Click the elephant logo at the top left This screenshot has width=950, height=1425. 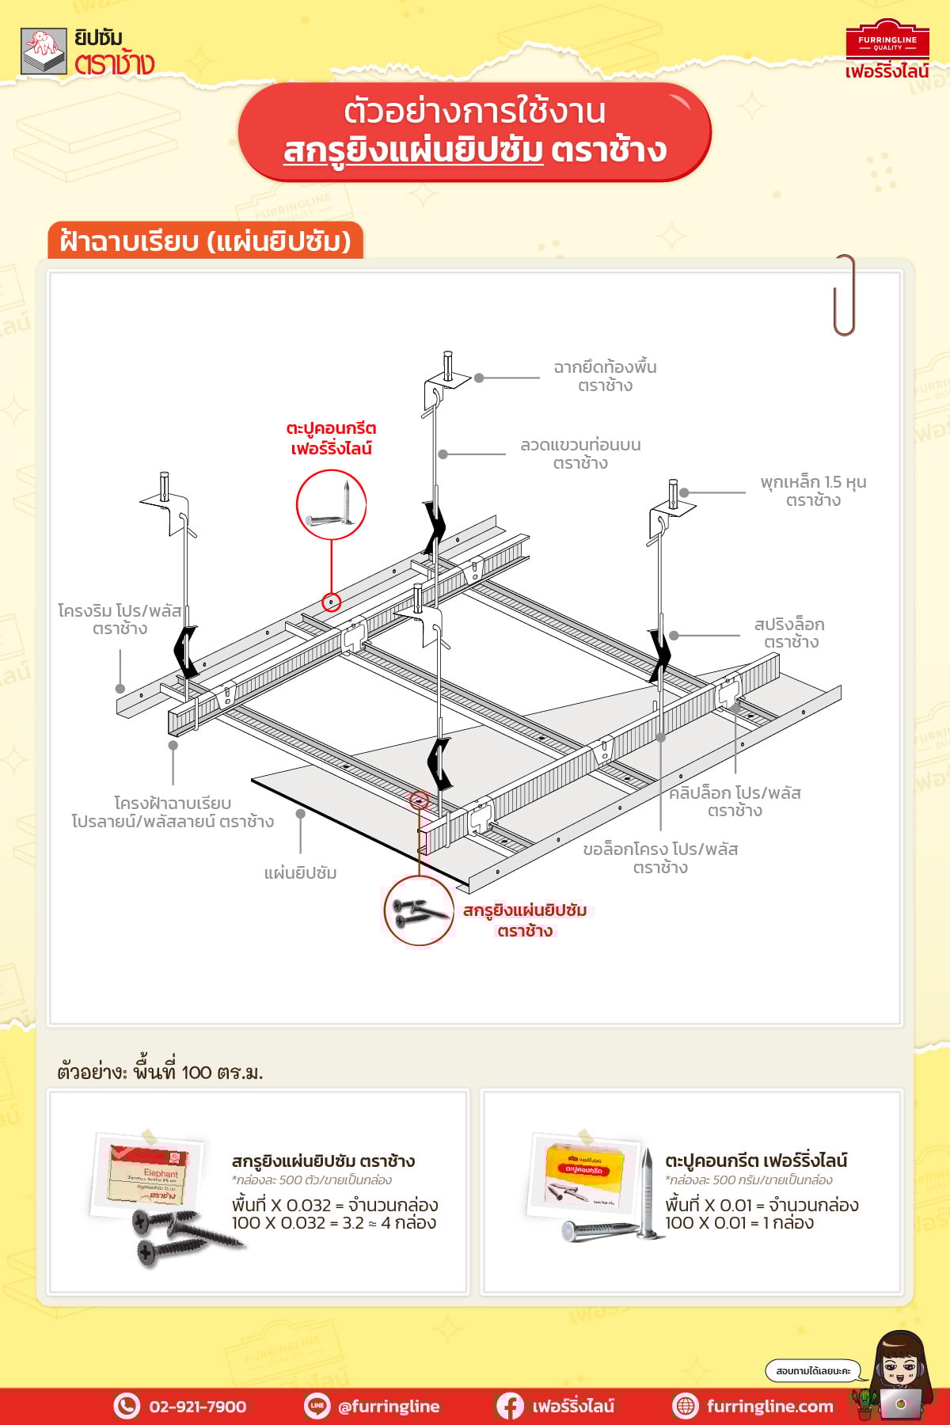coord(44,51)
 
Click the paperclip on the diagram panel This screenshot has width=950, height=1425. coord(845,294)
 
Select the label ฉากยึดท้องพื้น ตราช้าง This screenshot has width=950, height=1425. coord(605,376)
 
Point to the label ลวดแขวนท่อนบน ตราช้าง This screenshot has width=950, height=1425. coord(580,454)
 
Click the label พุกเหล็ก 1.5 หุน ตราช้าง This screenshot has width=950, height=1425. coord(813,491)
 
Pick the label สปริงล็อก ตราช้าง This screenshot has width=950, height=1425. coord(789,633)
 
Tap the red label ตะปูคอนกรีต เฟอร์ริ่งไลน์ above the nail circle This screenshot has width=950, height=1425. coord(331,439)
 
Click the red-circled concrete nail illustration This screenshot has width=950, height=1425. coord(331,505)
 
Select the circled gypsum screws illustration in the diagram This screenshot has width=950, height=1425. coord(418,910)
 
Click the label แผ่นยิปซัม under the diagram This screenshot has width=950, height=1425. coord(301,873)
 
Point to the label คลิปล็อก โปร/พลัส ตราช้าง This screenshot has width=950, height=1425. coord(735,801)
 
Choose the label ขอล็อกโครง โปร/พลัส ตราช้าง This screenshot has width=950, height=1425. coord(660,858)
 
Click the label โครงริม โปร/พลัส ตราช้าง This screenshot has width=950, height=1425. coord(120,619)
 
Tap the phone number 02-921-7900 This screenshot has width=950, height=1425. coord(197,1406)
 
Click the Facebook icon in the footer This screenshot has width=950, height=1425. coord(509,1406)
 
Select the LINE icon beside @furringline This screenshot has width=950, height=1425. coord(317,1406)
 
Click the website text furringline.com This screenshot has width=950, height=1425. coord(769,1406)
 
